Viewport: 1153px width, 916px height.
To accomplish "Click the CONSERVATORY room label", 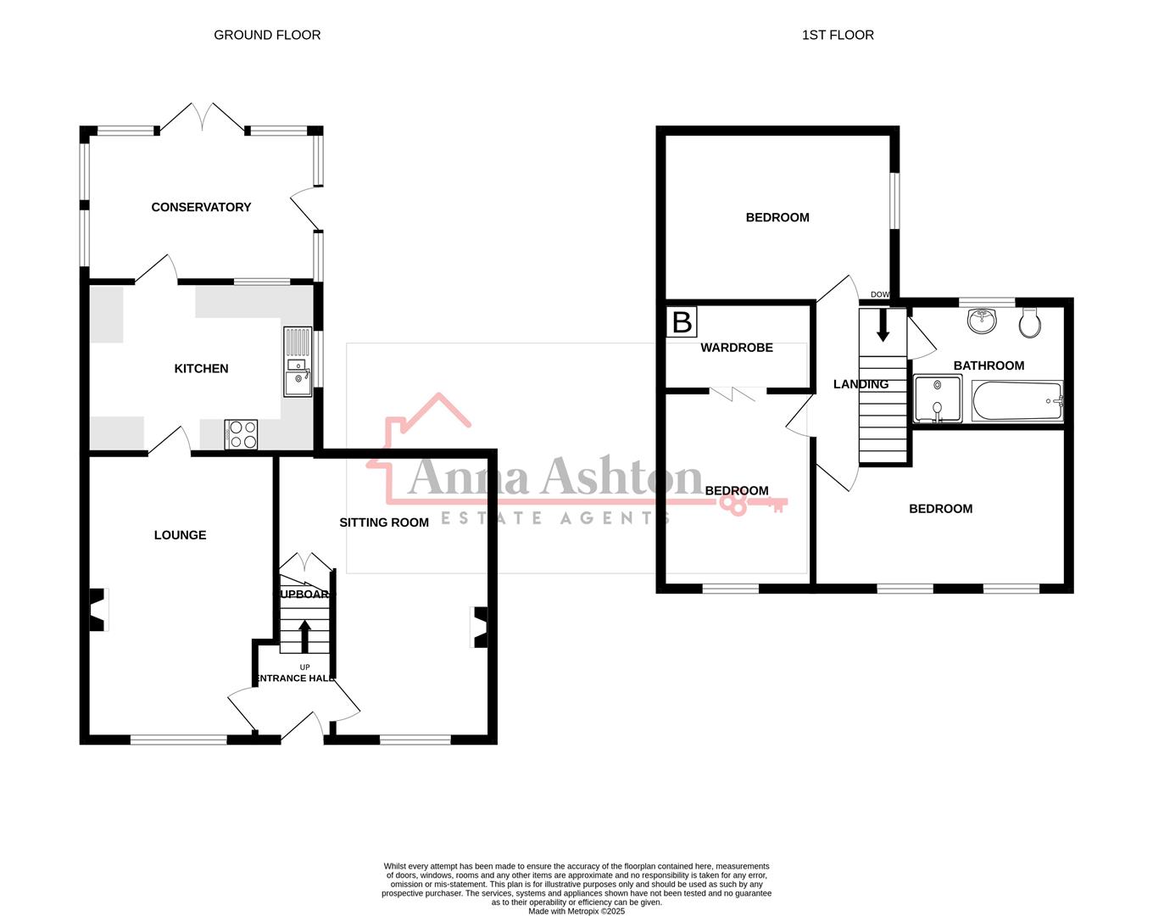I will pyautogui.click(x=201, y=207).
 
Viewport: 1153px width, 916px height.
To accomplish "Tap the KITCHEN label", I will pyautogui.click(x=201, y=368).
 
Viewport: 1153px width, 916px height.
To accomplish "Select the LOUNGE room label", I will pyautogui.click(x=180, y=534).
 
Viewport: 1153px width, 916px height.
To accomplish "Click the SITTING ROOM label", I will pyautogui.click(x=384, y=522).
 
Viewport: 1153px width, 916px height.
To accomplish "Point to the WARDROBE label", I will pyautogui.click(x=737, y=348).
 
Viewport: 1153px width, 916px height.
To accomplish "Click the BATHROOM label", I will pyautogui.click(x=989, y=366).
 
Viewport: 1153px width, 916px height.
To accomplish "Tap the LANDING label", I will pyautogui.click(x=861, y=384).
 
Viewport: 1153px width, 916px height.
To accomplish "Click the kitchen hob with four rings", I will pyautogui.click(x=242, y=435).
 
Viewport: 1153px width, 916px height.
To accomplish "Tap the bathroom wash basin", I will pyautogui.click(x=982, y=320).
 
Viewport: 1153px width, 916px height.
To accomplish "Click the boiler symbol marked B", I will pyautogui.click(x=682, y=322).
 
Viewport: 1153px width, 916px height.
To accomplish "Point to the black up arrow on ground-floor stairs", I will pyautogui.click(x=304, y=636).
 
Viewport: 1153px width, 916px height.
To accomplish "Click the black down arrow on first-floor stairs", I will pyautogui.click(x=883, y=326).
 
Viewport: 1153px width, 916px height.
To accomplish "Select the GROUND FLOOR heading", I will pyautogui.click(x=267, y=35).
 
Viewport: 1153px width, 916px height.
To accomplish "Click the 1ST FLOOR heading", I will pyautogui.click(x=838, y=35).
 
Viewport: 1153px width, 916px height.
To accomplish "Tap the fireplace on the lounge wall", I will pyautogui.click(x=97, y=610).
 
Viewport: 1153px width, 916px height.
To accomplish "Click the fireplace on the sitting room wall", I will pyautogui.click(x=480, y=628).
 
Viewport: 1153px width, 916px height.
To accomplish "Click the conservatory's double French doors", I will pyautogui.click(x=203, y=118).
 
